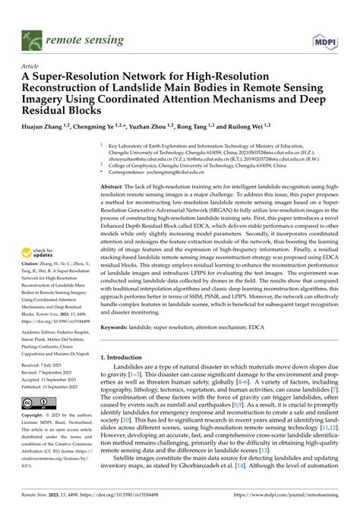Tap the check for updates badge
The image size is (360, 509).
pos(32,274)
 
